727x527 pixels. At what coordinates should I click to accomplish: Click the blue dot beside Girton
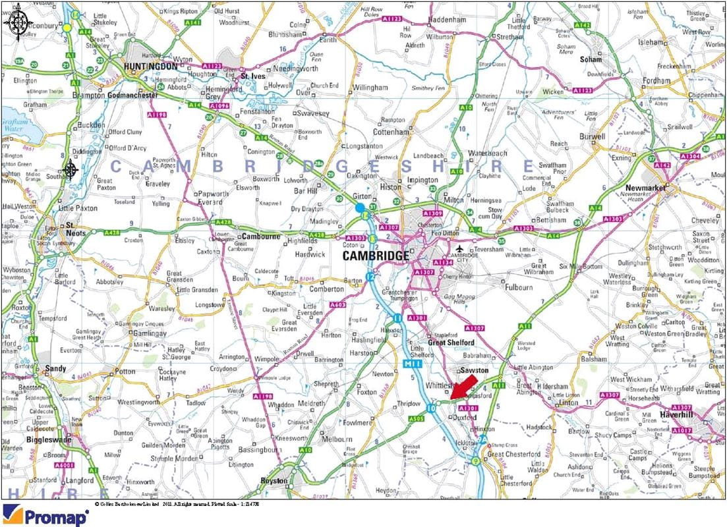(x=360, y=208)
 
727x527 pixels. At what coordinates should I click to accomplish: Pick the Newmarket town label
(x=647, y=188)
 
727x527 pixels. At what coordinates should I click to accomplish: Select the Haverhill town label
(x=682, y=415)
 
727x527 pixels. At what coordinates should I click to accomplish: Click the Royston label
(x=274, y=480)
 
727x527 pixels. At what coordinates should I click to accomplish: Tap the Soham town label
(x=591, y=59)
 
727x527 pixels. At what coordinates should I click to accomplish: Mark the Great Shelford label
(x=451, y=342)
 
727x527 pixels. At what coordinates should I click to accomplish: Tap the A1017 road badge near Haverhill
(x=683, y=430)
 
